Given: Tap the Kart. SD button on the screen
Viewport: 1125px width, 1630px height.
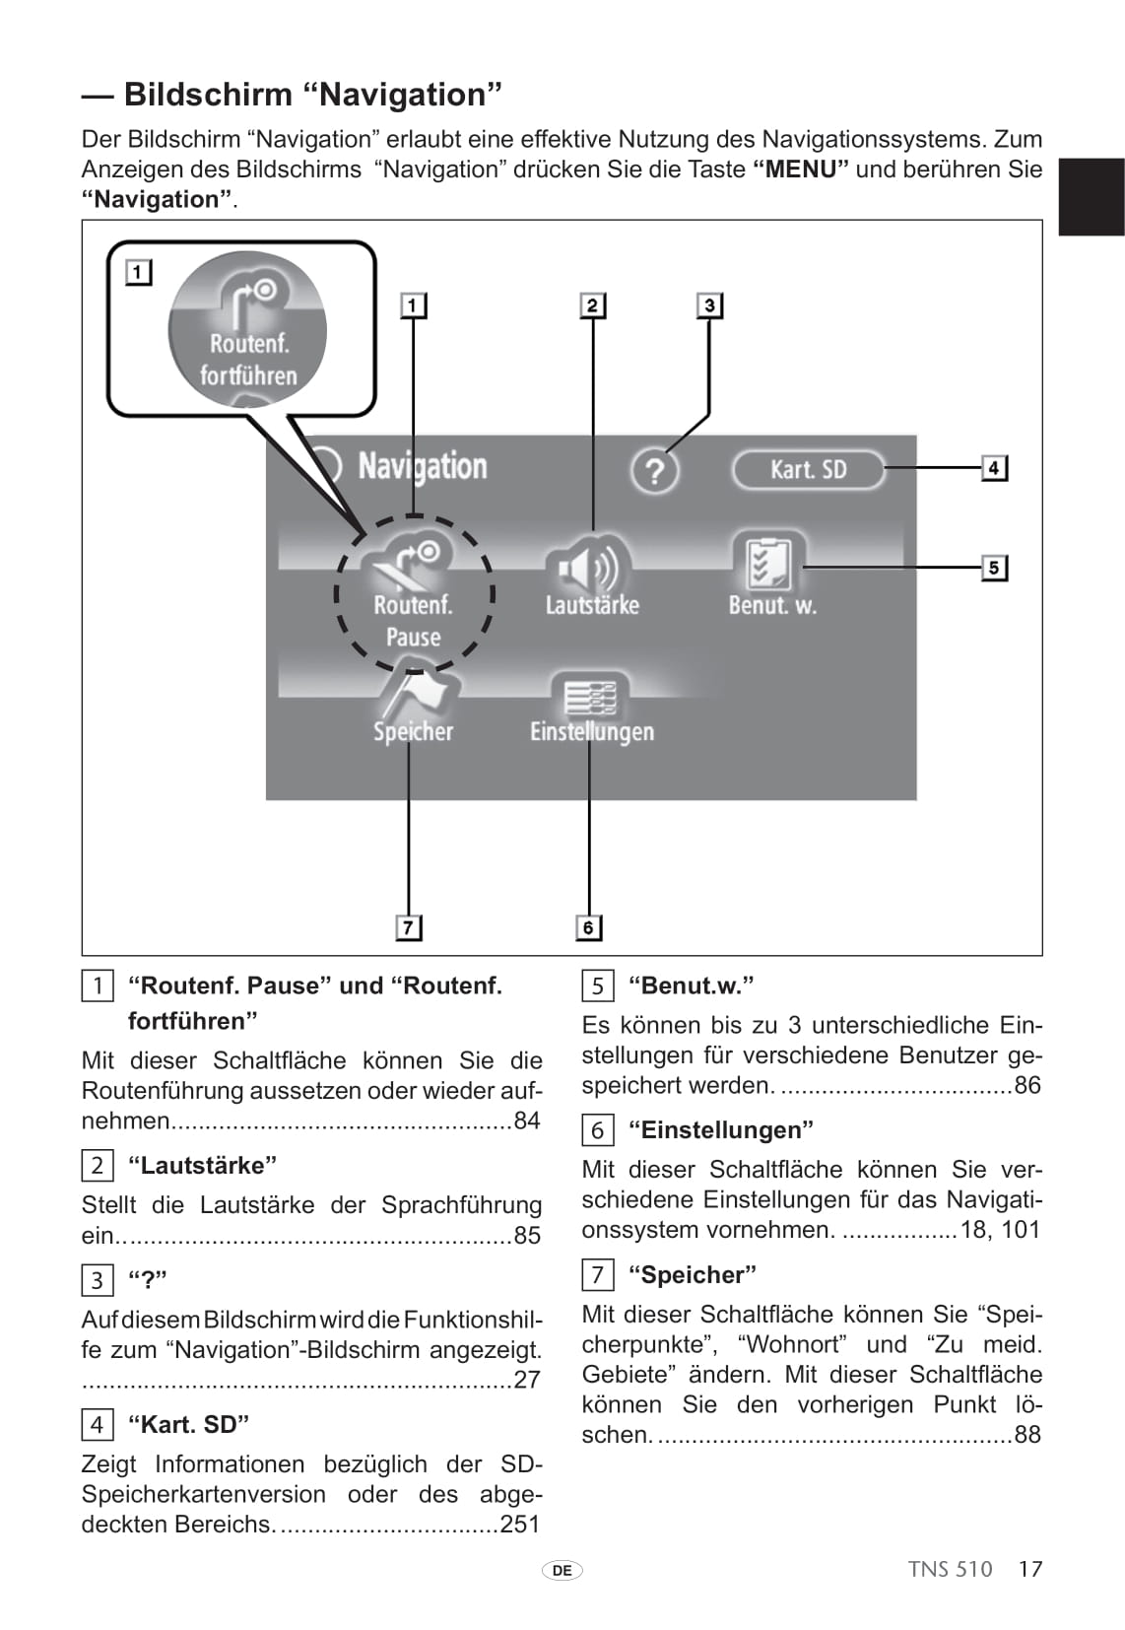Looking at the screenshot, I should point(808,469).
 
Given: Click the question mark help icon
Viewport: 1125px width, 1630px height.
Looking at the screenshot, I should point(654,471).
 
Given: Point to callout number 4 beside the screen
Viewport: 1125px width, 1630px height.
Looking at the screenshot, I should point(994,467).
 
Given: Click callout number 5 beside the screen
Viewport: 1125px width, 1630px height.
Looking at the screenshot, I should point(994,568).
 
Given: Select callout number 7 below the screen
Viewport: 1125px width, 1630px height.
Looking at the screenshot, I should point(408,927).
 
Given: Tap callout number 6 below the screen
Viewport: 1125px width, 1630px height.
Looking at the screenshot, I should point(588,927).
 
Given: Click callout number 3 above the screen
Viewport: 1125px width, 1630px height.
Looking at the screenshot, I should point(709,305).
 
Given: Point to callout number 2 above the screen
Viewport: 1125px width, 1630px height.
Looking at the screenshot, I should point(592,305).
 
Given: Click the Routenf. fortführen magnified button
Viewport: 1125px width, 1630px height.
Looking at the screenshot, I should point(248,330).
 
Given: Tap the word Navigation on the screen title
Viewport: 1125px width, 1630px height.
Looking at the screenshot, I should point(422,466).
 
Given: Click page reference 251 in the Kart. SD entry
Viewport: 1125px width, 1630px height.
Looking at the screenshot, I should point(520,1524).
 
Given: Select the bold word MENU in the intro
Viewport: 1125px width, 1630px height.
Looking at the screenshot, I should point(800,170).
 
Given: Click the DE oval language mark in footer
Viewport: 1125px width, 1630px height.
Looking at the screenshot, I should point(562,1570).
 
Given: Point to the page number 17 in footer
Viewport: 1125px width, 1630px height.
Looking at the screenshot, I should point(1029,1569).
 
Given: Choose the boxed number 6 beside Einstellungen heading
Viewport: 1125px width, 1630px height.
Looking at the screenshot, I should point(597,1130).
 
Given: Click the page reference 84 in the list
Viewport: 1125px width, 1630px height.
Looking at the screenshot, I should point(527,1121).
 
